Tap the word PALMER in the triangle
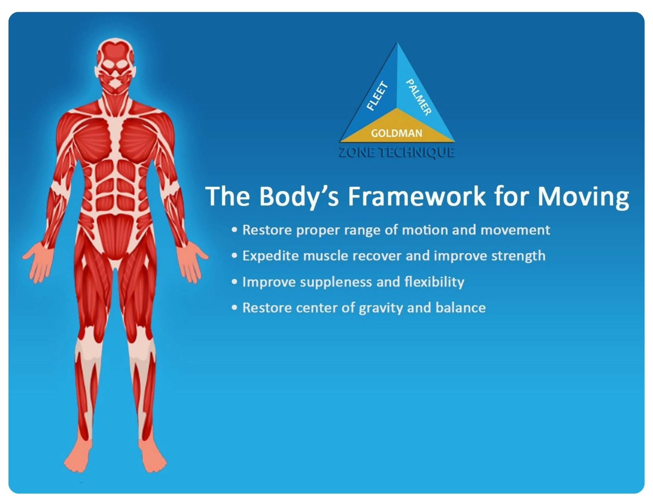pos(418,97)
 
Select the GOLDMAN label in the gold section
pos(396,133)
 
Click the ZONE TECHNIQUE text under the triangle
pos(397,152)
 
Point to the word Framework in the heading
pos(416,196)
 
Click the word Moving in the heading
pos(583,197)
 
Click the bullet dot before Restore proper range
pos(234,230)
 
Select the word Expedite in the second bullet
pos(271,256)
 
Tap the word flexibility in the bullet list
pos(434,282)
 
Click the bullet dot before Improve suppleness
pos(234,282)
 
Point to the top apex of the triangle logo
pos(397,44)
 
